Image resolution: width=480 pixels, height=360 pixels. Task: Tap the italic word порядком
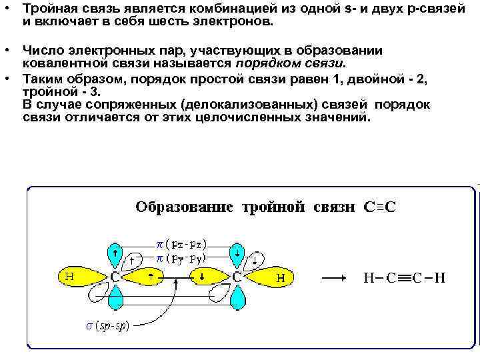tap(263, 63)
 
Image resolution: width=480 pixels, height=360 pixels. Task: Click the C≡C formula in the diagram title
tap(379, 207)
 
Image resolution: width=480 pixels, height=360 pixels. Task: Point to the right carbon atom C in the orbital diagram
tap(237, 275)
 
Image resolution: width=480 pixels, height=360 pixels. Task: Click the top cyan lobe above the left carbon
tap(116, 253)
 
